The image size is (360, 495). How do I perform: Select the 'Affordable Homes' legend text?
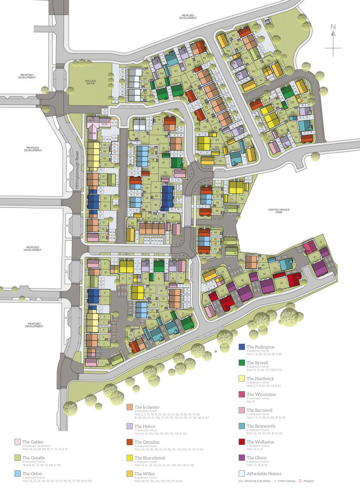tap(264, 473)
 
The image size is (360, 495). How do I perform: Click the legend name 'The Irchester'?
tap(147, 408)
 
